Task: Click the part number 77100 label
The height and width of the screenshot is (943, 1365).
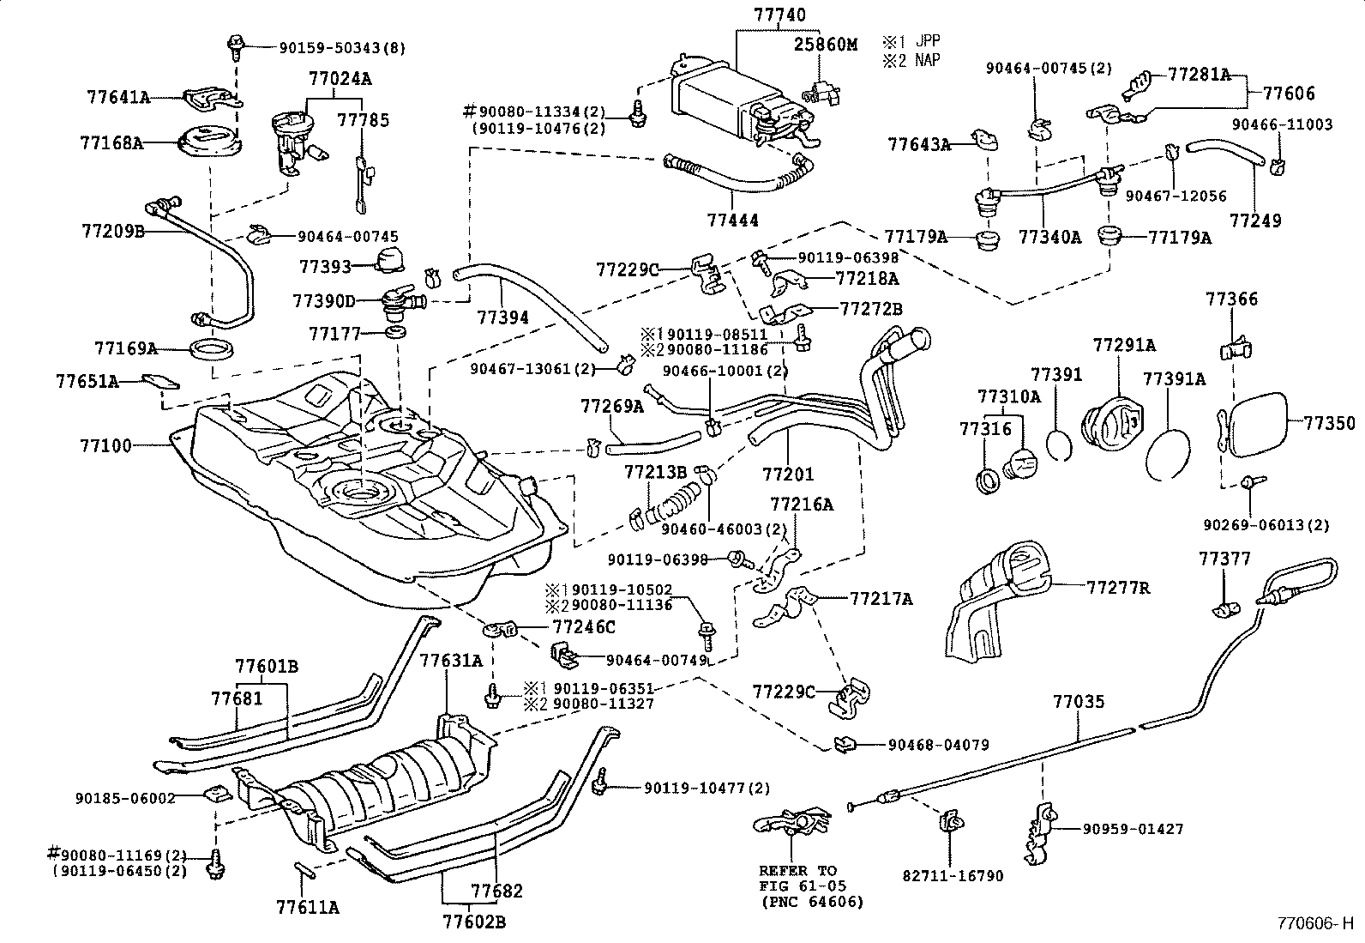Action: (105, 445)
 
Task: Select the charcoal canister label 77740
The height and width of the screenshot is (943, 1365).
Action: (779, 15)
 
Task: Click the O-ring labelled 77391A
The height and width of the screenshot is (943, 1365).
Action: (1168, 450)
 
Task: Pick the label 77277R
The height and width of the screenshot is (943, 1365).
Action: (1118, 588)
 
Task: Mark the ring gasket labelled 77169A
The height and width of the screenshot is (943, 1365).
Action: (212, 349)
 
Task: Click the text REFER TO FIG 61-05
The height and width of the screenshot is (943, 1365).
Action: (797, 877)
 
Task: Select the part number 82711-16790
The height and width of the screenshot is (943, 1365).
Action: (953, 876)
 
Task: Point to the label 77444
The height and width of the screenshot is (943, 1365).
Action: (732, 221)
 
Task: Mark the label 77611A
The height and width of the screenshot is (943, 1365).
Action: (308, 907)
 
